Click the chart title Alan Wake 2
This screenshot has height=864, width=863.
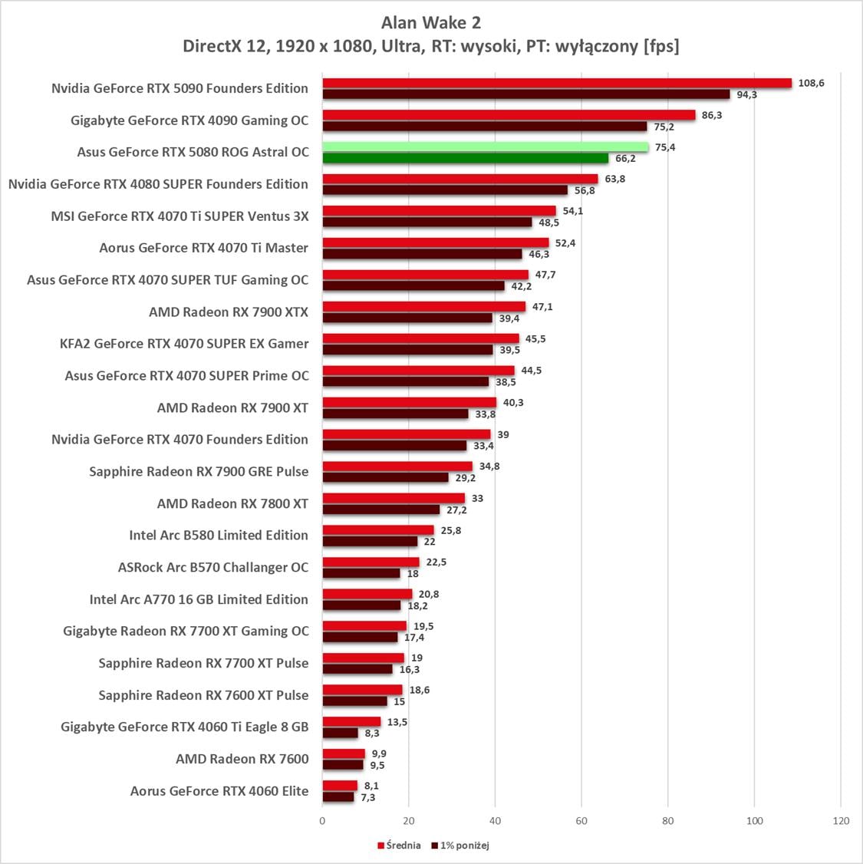[x=430, y=23]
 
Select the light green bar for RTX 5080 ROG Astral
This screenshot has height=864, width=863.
[x=485, y=147]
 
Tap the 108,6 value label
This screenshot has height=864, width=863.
[x=811, y=83]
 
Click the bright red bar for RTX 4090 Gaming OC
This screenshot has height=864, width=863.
[x=509, y=115]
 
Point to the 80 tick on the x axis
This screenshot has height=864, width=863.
[x=668, y=821]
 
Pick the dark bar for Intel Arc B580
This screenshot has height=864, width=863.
[x=370, y=542]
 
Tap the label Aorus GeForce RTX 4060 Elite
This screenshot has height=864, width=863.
[x=219, y=791]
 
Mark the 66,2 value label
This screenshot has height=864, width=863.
[x=625, y=159]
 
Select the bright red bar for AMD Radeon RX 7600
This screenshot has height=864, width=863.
[x=344, y=754]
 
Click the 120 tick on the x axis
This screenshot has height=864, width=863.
[x=841, y=821]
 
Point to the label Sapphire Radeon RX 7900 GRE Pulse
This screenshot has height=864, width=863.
[x=199, y=471]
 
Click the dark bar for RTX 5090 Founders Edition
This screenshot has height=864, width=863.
[x=525, y=94]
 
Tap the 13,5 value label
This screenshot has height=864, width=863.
[x=397, y=722]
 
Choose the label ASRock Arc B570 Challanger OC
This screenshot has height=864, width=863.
[x=213, y=567]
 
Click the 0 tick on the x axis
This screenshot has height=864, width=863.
[x=322, y=821]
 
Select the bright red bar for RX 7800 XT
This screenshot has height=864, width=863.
[x=394, y=498]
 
